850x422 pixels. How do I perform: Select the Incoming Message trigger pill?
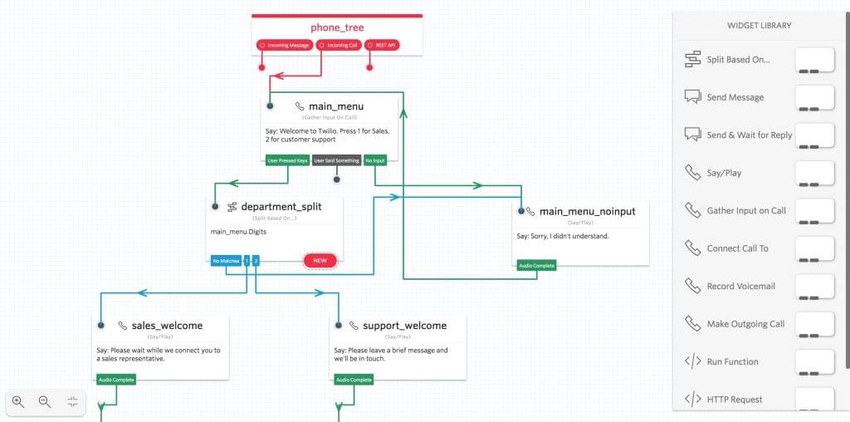click(285, 45)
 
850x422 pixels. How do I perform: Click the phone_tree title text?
click(337, 27)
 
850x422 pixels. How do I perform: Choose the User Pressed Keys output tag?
click(287, 160)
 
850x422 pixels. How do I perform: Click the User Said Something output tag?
click(336, 160)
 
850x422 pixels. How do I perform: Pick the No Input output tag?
click(375, 160)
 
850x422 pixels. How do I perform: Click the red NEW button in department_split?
click(320, 261)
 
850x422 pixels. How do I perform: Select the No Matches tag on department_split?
click(226, 261)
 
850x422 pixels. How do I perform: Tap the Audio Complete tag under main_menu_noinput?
click(536, 266)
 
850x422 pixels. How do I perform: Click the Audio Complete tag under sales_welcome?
click(116, 380)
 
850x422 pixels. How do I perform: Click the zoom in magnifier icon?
click(18, 402)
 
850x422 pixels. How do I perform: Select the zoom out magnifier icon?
click(45, 402)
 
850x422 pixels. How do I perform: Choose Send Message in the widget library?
click(735, 97)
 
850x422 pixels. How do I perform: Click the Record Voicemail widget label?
click(740, 286)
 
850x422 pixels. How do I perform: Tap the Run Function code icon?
click(692, 361)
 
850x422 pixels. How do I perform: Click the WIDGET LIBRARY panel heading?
click(759, 26)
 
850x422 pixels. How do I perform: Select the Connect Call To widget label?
click(737, 248)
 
